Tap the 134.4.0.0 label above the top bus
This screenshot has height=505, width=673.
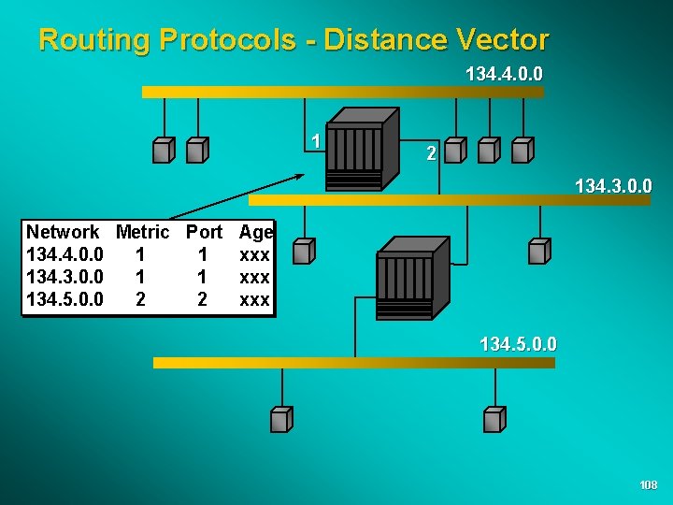pyautogui.click(x=504, y=73)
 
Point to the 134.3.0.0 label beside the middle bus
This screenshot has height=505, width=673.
pyautogui.click(x=613, y=187)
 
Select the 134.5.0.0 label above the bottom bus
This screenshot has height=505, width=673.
pyautogui.click(x=518, y=345)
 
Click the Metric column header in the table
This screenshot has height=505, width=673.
pyautogui.click(x=142, y=232)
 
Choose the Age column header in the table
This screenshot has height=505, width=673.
pyautogui.click(x=256, y=232)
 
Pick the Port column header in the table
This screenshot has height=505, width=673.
pyautogui.click(x=204, y=232)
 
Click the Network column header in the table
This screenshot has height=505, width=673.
pyautogui.click(x=63, y=232)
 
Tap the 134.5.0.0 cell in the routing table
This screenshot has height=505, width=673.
pyautogui.click(x=64, y=300)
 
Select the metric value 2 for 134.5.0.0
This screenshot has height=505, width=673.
pyautogui.click(x=140, y=300)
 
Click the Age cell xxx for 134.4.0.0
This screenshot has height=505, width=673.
pyautogui.click(x=255, y=254)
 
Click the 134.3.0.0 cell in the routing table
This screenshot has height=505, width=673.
pyautogui.click(x=64, y=277)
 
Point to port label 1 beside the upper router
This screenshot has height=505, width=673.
pyautogui.click(x=317, y=141)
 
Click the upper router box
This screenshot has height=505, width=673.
pyautogui.click(x=357, y=150)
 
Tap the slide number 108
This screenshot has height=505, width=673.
pyautogui.click(x=649, y=485)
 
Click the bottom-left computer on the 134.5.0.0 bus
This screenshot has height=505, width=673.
pyautogui.click(x=281, y=420)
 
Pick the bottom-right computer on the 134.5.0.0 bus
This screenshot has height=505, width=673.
pyautogui.click(x=494, y=420)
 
